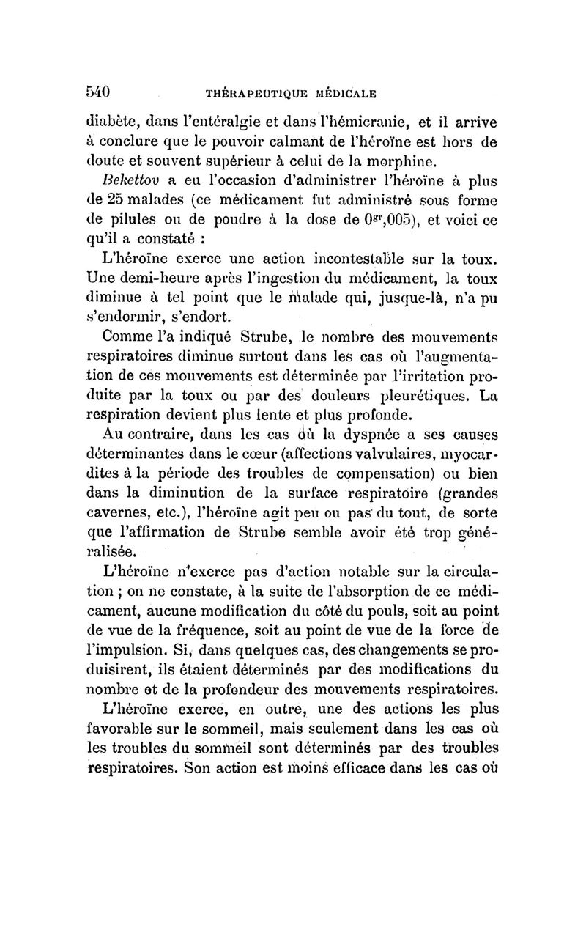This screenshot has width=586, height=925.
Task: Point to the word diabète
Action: pos(110,124)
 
